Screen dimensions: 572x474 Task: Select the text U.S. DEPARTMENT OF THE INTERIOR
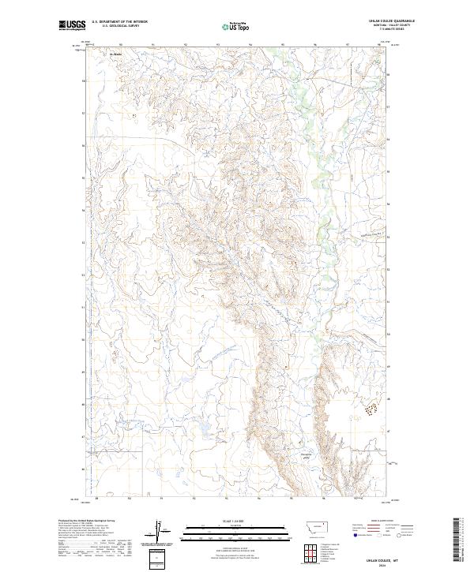coord(119,21)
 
